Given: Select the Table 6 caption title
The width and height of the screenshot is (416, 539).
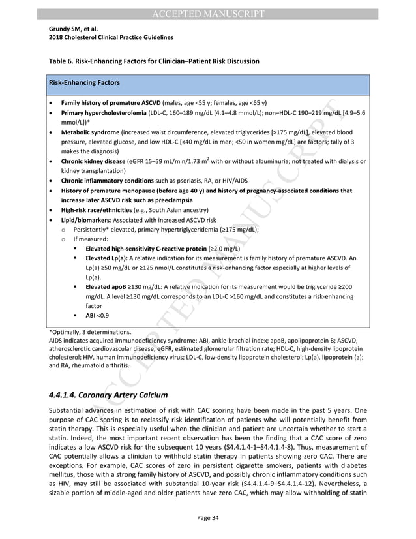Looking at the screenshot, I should point(154,61).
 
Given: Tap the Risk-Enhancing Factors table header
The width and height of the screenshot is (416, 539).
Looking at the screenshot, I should point(82,83).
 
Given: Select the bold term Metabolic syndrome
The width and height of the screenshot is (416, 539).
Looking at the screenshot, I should point(89,132).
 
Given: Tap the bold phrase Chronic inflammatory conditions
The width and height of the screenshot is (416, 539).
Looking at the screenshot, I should point(106,181).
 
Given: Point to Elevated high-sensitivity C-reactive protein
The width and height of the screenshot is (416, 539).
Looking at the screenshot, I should point(146,249).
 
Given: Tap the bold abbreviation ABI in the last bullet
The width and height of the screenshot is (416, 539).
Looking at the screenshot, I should point(91,315).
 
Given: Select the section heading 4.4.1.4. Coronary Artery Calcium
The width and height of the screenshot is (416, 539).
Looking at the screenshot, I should point(108,395).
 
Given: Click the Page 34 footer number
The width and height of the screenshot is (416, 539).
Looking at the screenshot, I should point(207,517).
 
